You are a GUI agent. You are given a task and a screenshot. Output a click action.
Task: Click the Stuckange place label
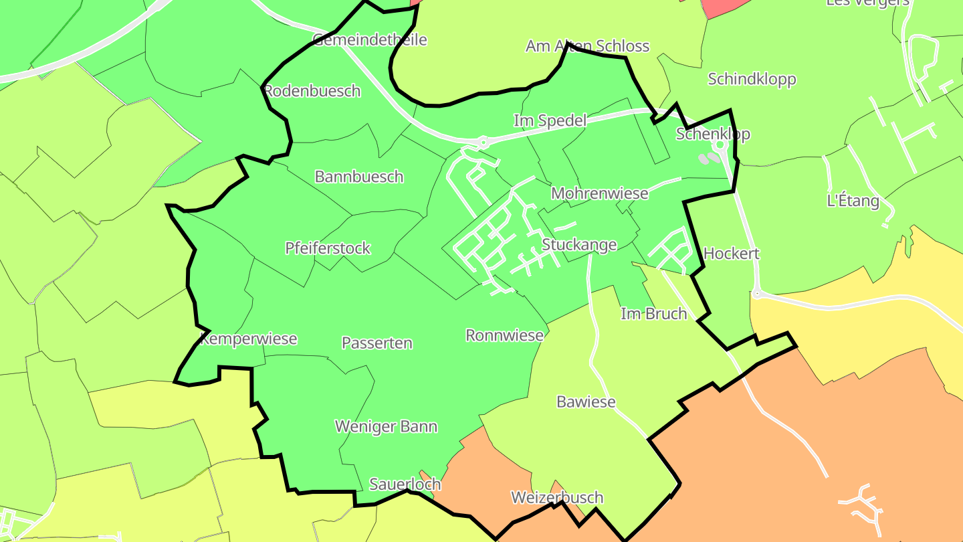[579, 245]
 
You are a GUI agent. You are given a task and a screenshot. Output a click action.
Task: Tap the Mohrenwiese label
[599, 193]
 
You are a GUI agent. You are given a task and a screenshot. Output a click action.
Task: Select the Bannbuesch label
[359, 177]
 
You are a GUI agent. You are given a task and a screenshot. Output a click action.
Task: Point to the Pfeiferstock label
[328, 248]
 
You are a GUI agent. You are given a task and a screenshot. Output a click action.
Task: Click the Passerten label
[377, 343]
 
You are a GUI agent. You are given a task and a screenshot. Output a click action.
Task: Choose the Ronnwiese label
[505, 335]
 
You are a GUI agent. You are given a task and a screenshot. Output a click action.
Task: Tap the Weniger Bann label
[386, 427]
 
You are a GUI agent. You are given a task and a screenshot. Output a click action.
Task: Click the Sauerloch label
[405, 484]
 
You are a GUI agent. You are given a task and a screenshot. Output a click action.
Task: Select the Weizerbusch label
[557, 498]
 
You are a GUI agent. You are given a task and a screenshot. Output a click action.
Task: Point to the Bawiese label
[586, 402]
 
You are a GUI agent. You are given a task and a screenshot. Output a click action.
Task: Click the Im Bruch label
[653, 314]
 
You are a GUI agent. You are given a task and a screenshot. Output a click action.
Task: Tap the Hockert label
[732, 254]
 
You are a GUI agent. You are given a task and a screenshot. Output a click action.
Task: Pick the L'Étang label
[853, 201]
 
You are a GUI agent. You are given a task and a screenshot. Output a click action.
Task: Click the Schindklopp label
[752, 80]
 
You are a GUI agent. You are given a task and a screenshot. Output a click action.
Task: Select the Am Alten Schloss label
[587, 46]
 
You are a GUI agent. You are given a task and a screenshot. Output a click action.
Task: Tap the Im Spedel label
[550, 121]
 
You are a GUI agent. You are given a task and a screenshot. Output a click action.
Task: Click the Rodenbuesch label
[312, 91]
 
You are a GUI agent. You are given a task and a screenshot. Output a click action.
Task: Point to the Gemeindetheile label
[369, 39]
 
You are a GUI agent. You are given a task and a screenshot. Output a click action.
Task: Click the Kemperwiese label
[249, 339]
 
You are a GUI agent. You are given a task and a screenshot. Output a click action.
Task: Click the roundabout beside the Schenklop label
[721, 145]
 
